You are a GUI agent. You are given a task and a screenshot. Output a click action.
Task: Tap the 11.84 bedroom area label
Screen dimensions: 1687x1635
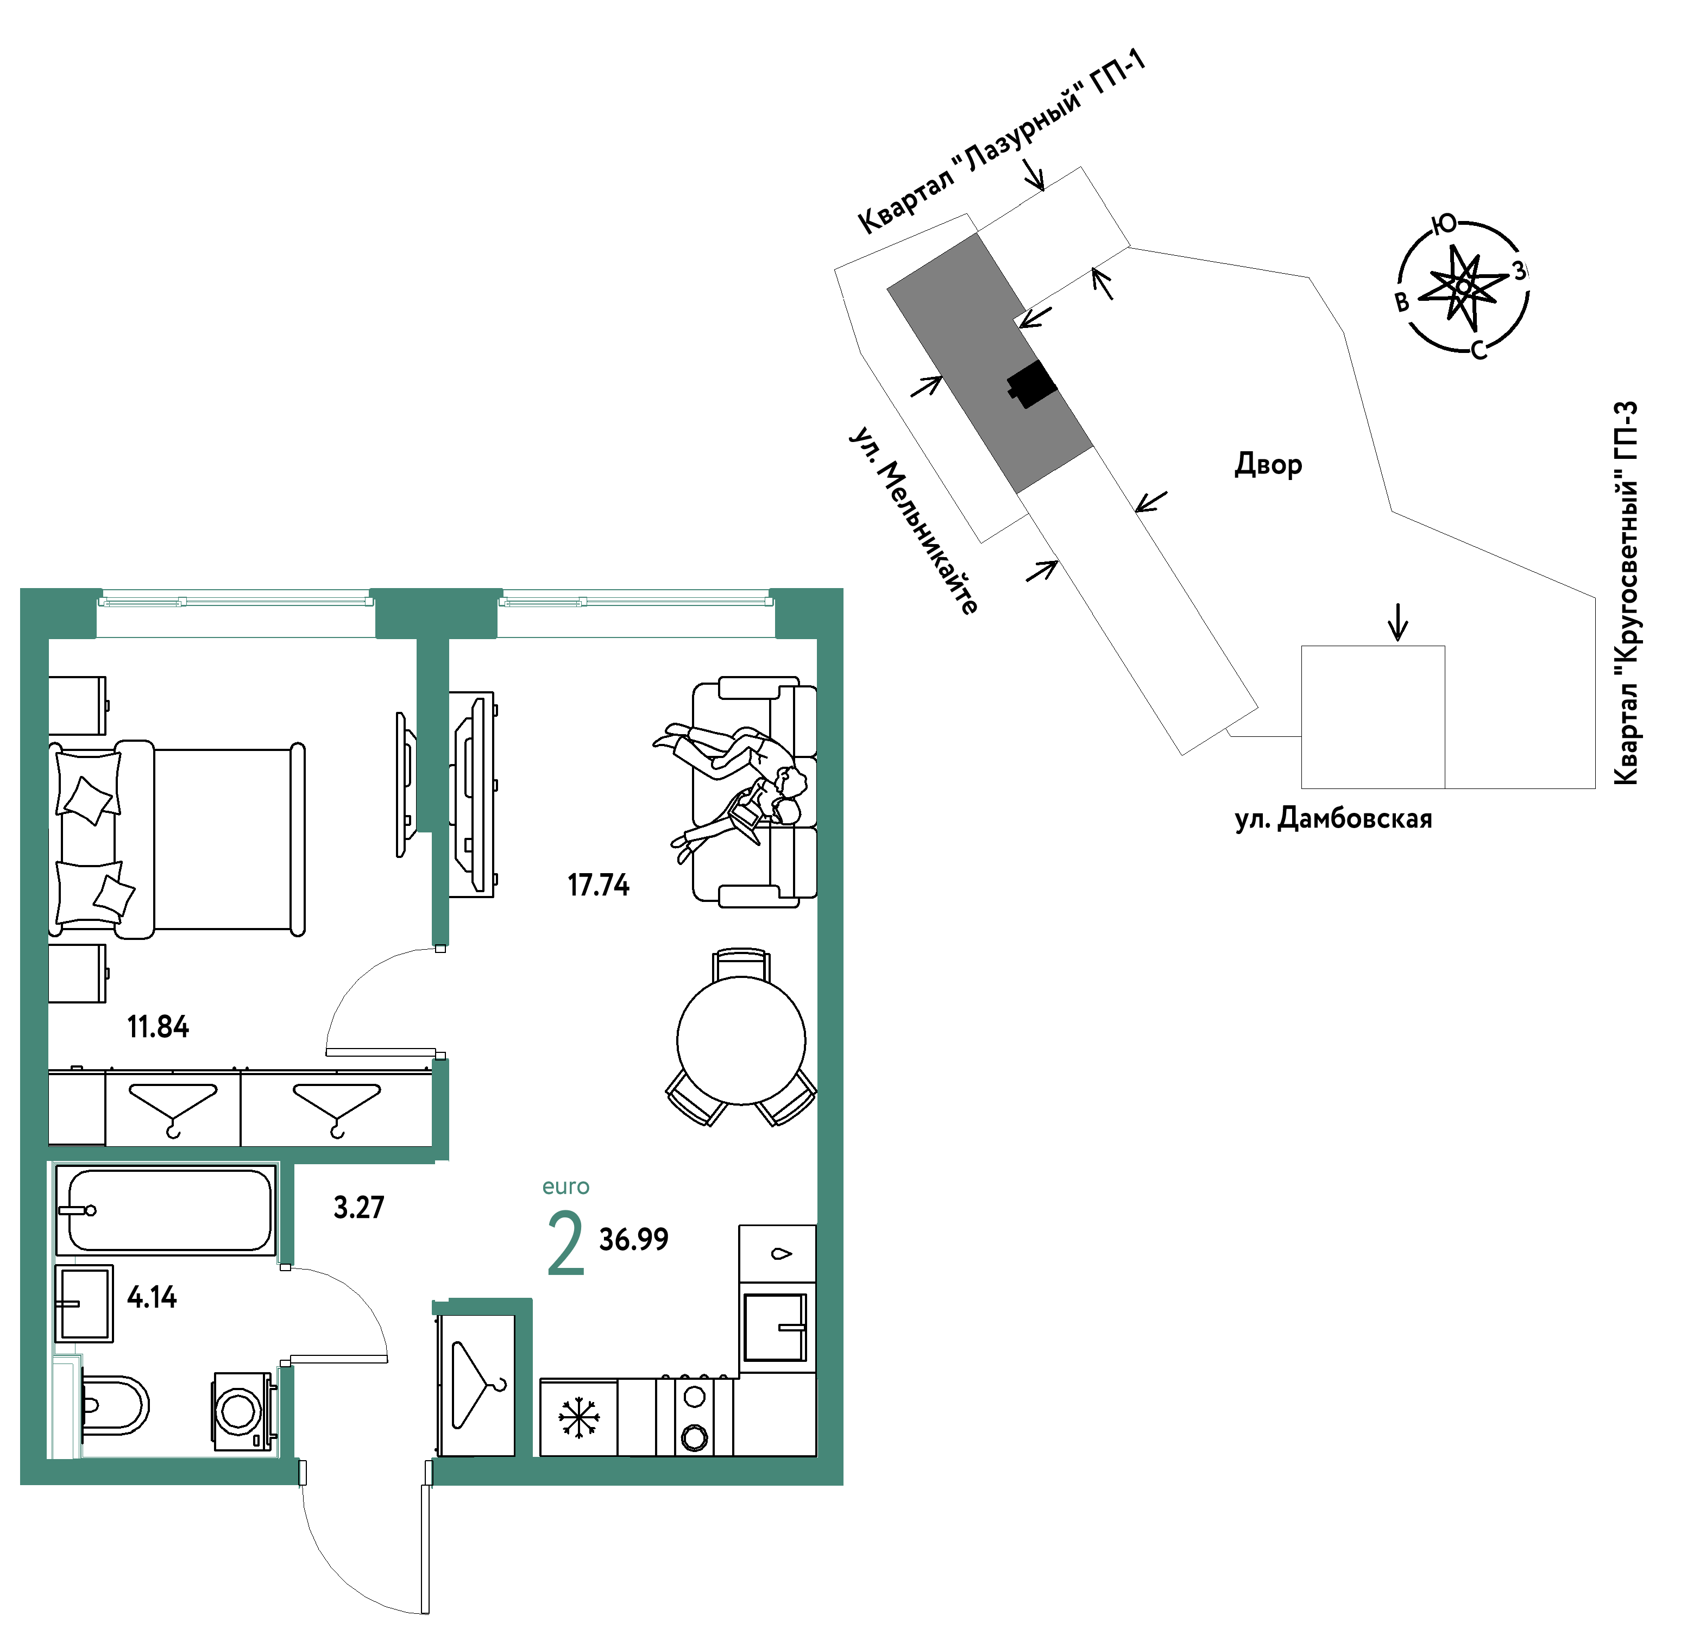[x=159, y=1027]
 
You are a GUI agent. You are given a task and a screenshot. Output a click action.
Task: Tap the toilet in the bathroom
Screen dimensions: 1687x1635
[x=115, y=1408]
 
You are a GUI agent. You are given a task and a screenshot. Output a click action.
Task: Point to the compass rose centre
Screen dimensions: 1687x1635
[x=1463, y=286]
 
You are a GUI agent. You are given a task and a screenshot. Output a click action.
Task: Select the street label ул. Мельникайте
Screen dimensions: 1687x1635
[x=914, y=520]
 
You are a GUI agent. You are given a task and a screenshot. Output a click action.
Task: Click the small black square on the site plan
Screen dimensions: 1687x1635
[x=1032, y=384]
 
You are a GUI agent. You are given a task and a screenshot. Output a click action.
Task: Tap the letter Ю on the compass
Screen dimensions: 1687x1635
[x=1445, y=225]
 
